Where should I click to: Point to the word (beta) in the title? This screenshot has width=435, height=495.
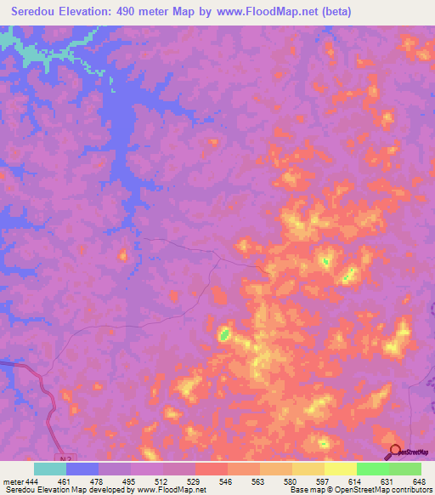pos(332,12)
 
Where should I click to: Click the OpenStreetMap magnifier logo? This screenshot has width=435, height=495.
pos(395,452)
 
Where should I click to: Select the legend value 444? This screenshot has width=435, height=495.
pos(32,482)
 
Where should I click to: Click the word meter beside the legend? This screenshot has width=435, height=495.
pos(12,482)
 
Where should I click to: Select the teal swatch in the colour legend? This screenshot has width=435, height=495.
pos(50,469)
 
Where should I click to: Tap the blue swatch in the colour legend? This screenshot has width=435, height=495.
pos(82,469)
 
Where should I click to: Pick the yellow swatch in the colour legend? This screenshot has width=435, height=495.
pos(340,469)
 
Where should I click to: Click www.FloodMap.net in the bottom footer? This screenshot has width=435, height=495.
pos(172,490)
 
